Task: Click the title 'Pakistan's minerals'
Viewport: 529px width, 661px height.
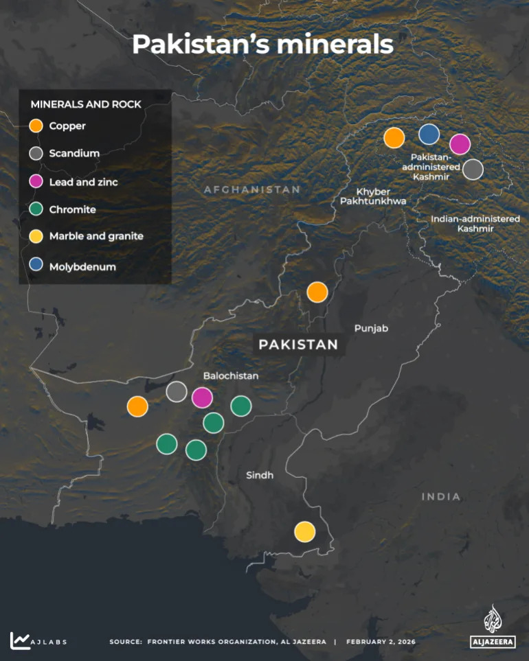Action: [x=262, y=44]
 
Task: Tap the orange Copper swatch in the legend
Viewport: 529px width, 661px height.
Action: [x=36, y=126]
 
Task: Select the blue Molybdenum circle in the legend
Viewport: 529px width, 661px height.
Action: [x=36, y=265]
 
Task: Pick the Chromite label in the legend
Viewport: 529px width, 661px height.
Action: [x=72, y=209]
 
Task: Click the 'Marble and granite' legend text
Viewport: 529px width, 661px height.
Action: [x=96, y=236]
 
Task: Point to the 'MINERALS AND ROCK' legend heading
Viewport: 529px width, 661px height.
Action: [x=86, y=104]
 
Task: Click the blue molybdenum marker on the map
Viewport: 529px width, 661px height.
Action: [x=429, y=135]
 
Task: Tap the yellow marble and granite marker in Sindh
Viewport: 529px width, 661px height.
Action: [x=304, y=531]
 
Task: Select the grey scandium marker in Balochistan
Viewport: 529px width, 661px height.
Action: [x=177, y=391]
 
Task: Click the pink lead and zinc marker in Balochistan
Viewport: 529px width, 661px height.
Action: [x=202, y=397]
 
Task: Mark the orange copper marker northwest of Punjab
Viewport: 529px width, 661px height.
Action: [x=317, y=292]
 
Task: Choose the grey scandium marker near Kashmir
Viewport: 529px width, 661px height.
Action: [x=473, y=169]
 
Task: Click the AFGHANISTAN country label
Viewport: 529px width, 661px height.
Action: [x=251, y=189]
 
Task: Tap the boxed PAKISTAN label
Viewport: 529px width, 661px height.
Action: [x=298, y=345]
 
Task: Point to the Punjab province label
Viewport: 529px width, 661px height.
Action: [x=371, y=329]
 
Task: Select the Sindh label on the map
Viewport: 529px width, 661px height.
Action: [x=260, y=475]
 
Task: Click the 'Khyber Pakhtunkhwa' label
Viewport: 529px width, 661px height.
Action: [x=373, y=196]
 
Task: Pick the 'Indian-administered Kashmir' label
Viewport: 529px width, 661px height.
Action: [x=475, y=224]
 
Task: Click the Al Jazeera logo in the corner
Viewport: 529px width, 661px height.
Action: [x=493, y=627]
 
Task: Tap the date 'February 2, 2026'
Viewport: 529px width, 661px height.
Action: [x=381, y=642]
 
